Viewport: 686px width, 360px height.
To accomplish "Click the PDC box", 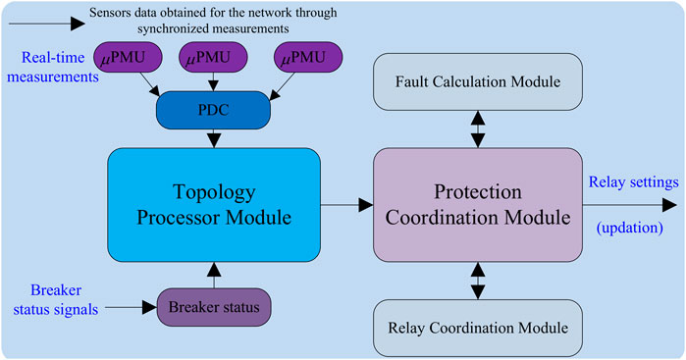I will click(213, 111).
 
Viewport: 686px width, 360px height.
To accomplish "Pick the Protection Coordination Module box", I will click(475, 204).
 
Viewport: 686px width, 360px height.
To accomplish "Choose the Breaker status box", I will click(213, 306).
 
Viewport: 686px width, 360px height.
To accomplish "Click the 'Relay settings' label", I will click(628, 182).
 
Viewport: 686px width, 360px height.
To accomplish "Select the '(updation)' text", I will click(628, 228).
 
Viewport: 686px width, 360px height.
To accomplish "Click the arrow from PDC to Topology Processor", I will click(213, 138).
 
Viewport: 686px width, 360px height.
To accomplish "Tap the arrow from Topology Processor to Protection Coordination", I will click(347, 204).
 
